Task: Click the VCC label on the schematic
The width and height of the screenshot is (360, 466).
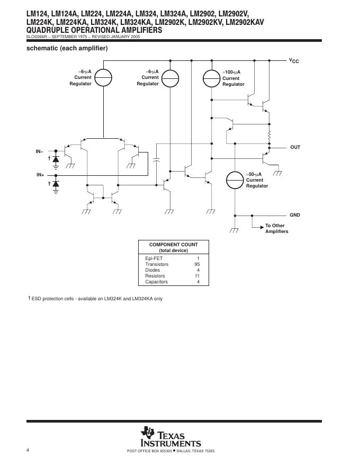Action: pos(294,61)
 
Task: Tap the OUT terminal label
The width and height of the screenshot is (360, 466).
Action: pos(295,147)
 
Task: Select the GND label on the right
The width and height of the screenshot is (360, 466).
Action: pos(294,215)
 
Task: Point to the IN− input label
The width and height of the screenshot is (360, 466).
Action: pos(40,152)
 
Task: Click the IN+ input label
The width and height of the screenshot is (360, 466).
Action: pos(40,175)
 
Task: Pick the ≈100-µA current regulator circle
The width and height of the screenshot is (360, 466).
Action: pos(211,78)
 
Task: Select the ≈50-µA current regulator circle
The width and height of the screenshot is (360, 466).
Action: pos(235,180)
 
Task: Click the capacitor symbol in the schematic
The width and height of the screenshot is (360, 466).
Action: pos(157,159)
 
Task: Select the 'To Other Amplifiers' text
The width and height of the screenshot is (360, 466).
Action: pos(276,229)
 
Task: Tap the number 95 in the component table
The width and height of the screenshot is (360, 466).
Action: pos(197,264)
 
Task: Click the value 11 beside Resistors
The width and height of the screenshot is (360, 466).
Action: pos(197,276)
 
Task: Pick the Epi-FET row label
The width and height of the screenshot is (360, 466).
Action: pos(152,258)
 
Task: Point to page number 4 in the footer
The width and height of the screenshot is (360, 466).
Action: pos(28,450)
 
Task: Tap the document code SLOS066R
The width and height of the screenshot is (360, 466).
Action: pos(38,37)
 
